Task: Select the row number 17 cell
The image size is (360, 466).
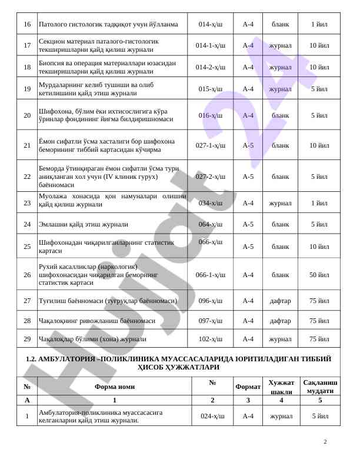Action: point(27,45)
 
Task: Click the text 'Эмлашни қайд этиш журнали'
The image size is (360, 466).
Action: point(83,224)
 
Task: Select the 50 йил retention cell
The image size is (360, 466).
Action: point(319,275)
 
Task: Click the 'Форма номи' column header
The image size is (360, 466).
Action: point(114,387)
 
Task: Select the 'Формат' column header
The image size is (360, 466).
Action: point(248,387)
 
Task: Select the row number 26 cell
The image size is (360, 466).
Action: point(27,275)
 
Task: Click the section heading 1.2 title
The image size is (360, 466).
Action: point(180,362)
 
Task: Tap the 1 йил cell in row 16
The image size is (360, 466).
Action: point(319,25)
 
